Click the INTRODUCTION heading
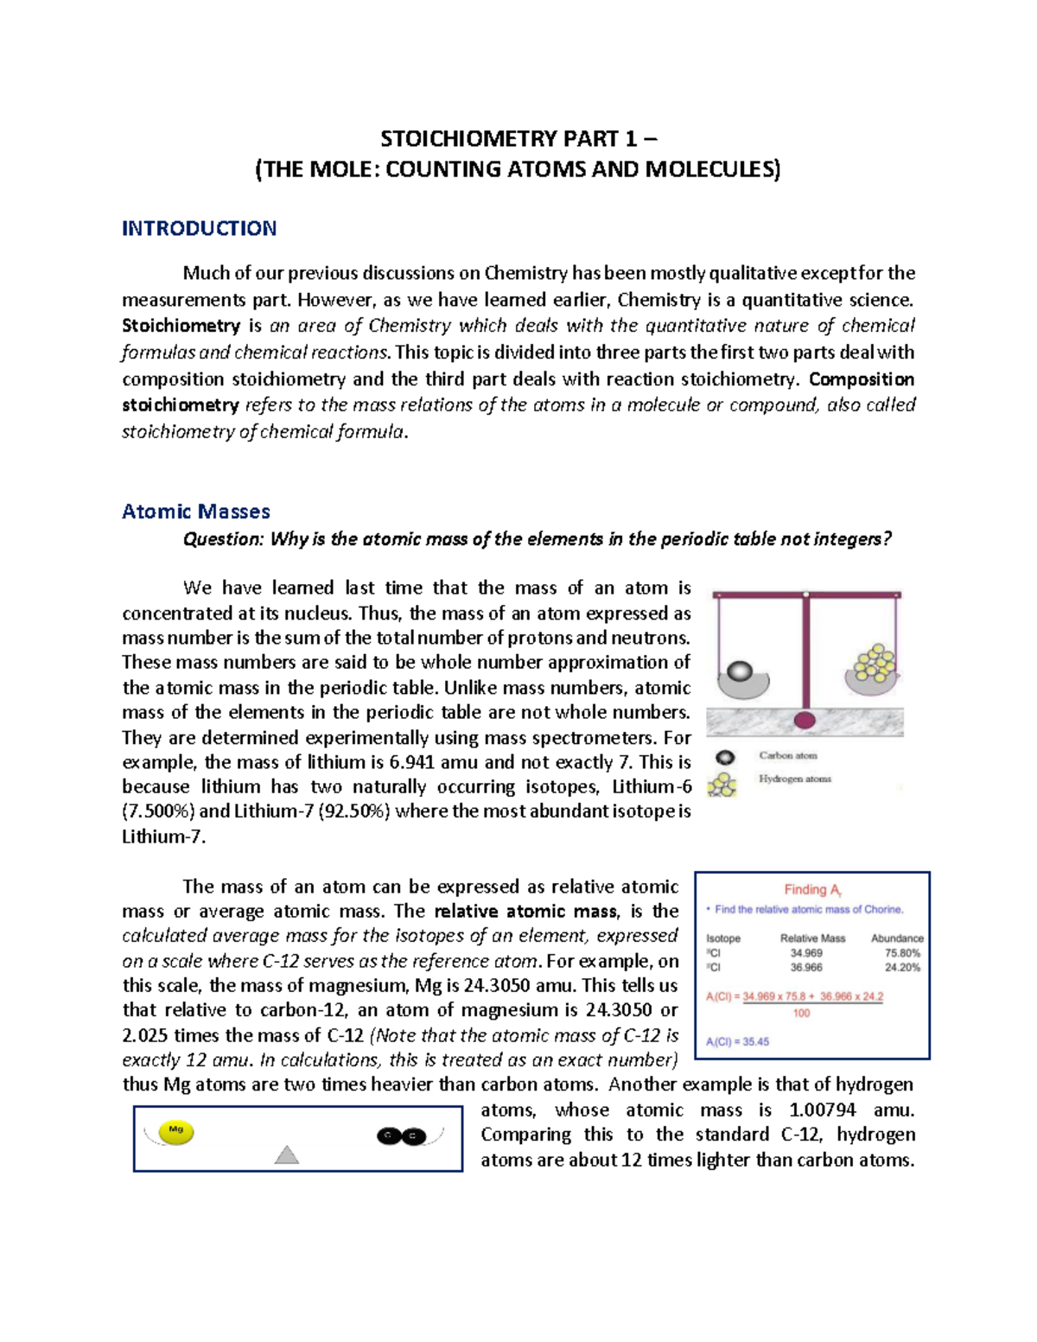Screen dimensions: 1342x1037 tap(199, 228)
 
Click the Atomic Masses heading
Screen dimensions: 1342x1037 tap(196, 512)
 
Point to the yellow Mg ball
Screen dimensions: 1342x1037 tap(176, 1132)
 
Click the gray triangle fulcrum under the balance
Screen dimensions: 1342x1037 tap(286, 1155)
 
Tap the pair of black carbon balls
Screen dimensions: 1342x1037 tap(402, 1135)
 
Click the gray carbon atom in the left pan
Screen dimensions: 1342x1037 tap(741, 671)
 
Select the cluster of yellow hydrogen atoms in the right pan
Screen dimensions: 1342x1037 tap(875, 663)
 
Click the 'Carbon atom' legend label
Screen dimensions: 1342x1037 tap(787, 755)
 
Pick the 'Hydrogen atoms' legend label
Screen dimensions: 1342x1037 tap(795, 779)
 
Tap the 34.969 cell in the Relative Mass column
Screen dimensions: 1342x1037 tap(806, 953)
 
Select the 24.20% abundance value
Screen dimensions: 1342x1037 tap(902, 968)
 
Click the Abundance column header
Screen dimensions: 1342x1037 tap(897, 938)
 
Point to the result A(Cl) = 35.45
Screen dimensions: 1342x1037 tap(737, 1041)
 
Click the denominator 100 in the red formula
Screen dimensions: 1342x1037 tap(801, 1014)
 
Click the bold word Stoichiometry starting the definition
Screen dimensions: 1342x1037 tap(181, 326)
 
